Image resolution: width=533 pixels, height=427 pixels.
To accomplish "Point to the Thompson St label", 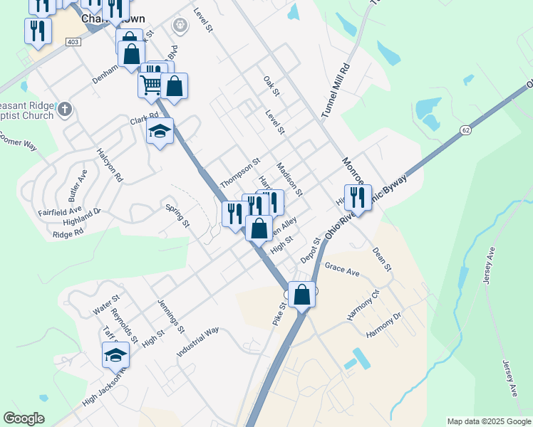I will click(x=240, y=173).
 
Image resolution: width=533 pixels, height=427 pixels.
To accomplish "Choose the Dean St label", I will click(x=383, y=259).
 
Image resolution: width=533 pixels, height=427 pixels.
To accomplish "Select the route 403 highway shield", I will click(x=72, y=42).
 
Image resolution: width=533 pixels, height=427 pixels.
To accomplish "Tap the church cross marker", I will click(x=65, y=110).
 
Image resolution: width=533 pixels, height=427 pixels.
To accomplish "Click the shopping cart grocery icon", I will click(x=151, y=85).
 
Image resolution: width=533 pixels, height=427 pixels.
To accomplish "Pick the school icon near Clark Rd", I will click(x=160, y=132).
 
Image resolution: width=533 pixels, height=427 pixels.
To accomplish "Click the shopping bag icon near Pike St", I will click(x=302, y=293).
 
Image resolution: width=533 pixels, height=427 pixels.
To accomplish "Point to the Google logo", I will click(x=24, y=418).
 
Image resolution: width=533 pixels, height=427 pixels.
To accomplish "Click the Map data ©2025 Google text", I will click(x=488, y=421).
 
